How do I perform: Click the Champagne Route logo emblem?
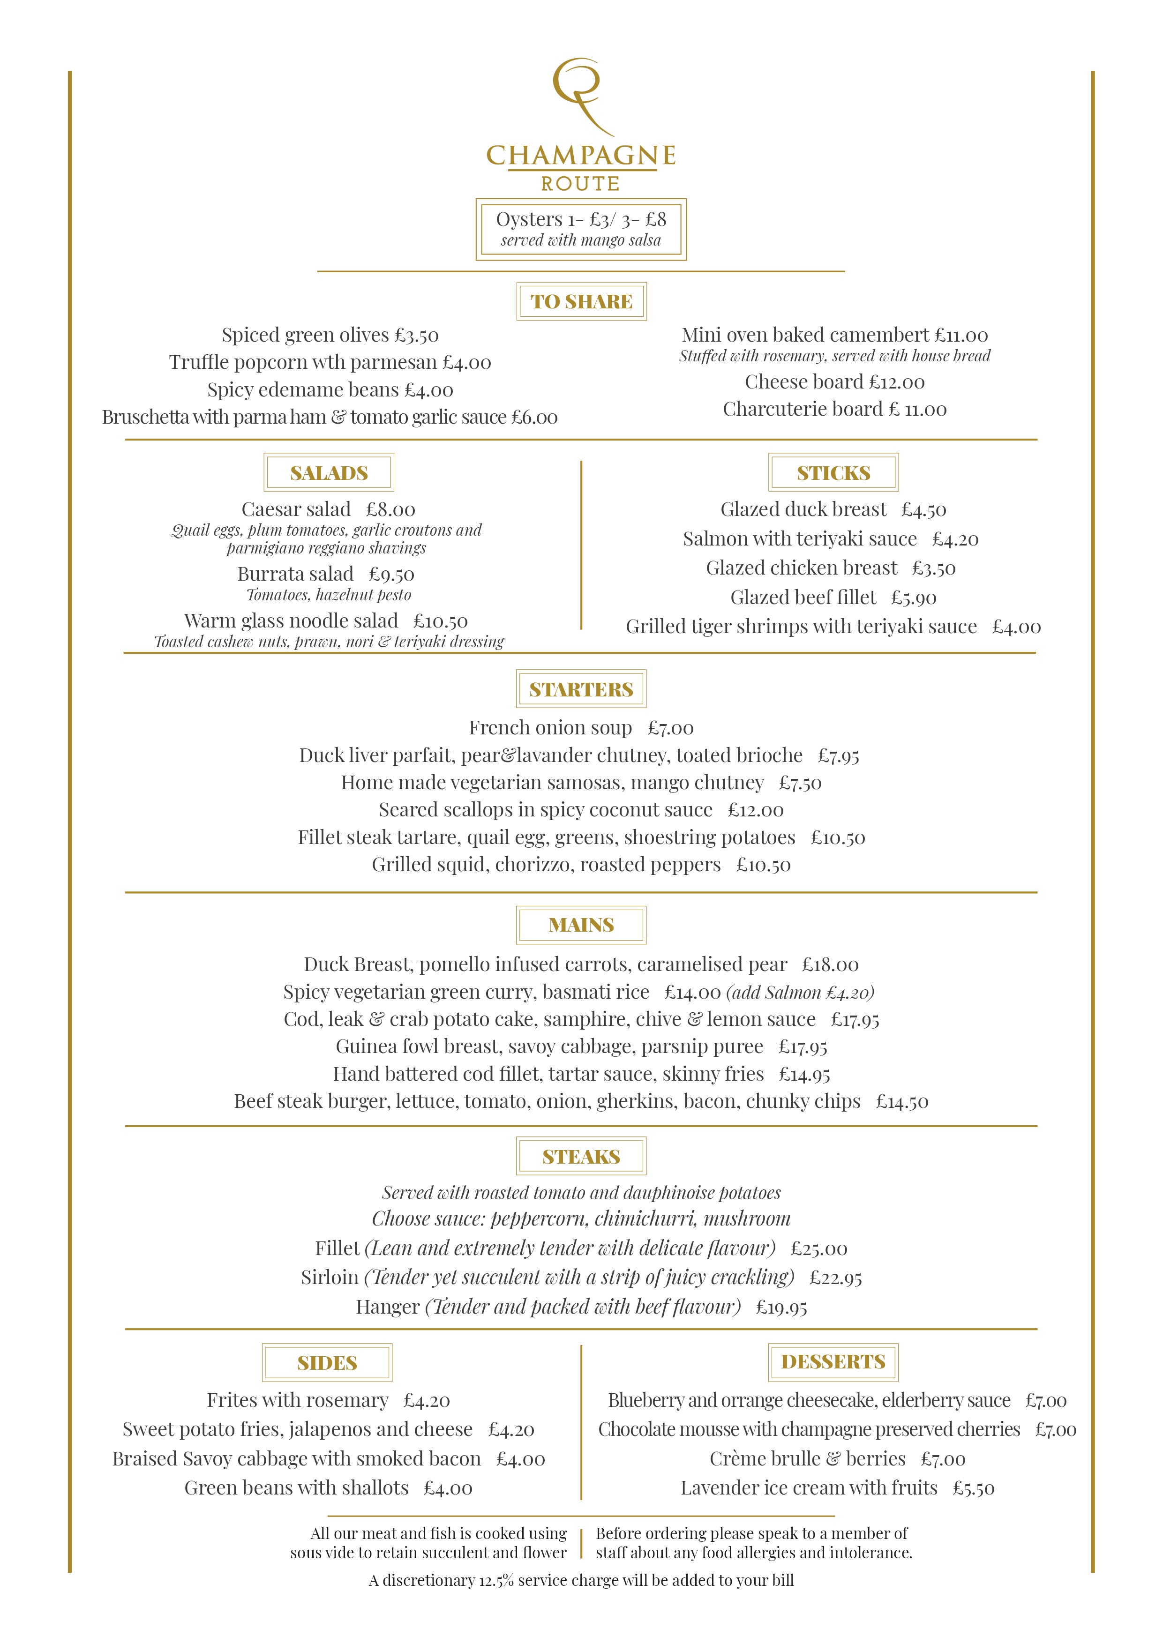pos(581,96)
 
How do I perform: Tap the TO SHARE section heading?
pos(581,301)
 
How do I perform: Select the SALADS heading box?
pos(329,472)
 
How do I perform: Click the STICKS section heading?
pos(833,472)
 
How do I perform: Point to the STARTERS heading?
pos(581,689)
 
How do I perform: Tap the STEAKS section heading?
pos(581,1157)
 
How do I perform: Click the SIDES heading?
pos(327,1363)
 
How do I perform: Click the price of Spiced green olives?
pos(416,335)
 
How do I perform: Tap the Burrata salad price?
pos(392,574)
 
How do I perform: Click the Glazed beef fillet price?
pos(913,597)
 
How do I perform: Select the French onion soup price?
pos(670,728)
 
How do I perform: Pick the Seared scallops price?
pos(756,810)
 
